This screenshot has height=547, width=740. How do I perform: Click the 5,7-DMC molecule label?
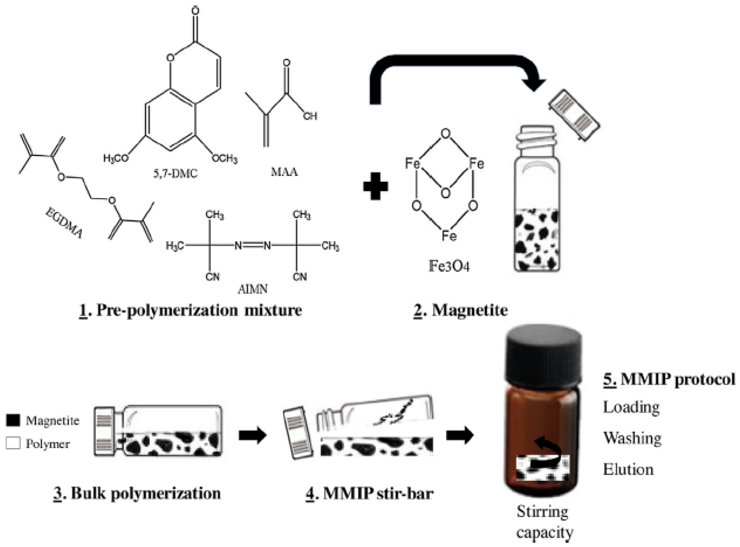point(175,174)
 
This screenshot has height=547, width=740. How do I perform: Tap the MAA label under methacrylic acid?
point(284,172)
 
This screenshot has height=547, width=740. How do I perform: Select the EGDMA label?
point(64,222)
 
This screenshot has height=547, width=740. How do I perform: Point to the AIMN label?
point(252,289)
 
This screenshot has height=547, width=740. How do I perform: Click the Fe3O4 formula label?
point(449,266)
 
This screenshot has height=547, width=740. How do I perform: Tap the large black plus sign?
point(375,186)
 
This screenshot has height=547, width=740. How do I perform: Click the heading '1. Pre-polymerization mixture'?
point(190,310)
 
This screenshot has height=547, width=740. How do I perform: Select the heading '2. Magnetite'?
point(461,310)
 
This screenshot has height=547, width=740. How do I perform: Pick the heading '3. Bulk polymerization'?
point(137,494)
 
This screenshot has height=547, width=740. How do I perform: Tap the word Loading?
point(631,407)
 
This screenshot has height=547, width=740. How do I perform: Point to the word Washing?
point(632,438)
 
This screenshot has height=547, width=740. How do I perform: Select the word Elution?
point(628,469)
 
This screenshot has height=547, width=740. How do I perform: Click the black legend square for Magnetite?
point(13,420)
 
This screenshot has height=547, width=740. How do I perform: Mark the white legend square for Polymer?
point(13,443)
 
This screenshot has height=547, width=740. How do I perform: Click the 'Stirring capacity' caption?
point(543,522)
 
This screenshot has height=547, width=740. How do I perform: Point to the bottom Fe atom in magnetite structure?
point(449,236)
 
